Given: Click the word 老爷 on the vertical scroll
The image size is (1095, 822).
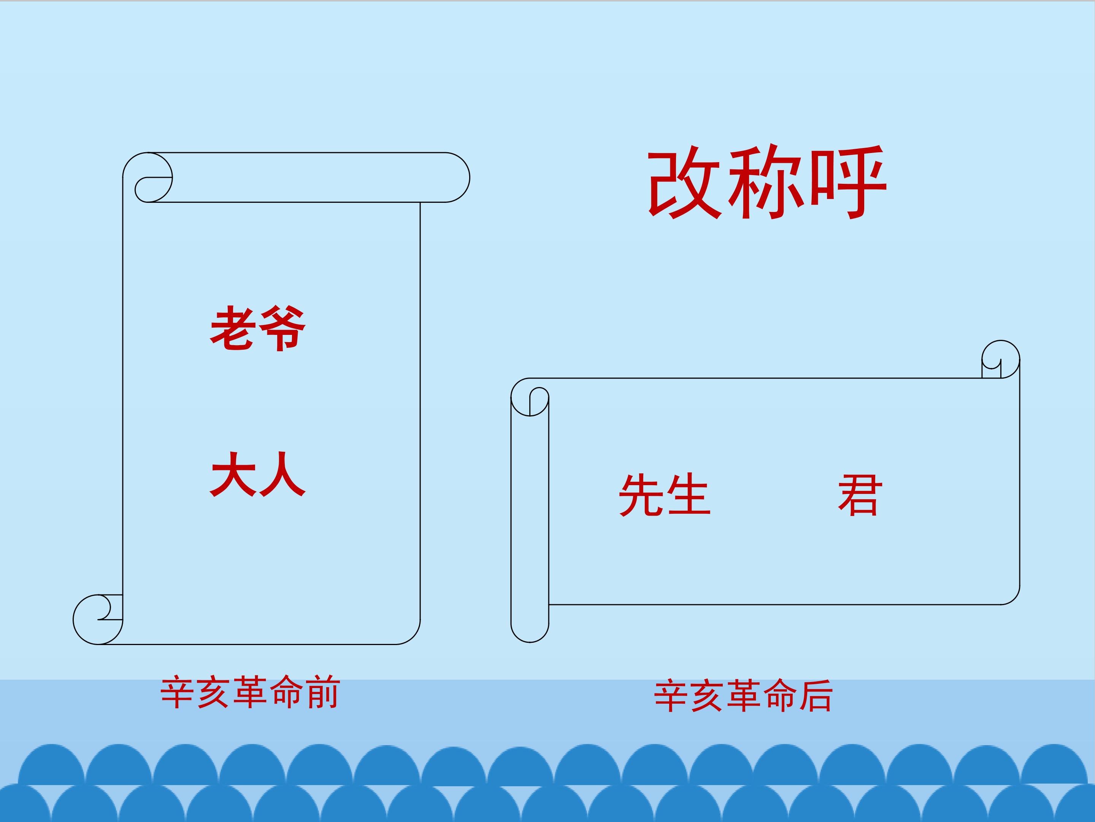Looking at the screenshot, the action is point(258,328).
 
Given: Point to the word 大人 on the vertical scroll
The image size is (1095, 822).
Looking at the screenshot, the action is point(258,474).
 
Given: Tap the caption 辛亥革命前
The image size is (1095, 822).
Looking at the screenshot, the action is point(250,692).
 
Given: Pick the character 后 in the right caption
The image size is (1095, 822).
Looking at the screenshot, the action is point(816,696).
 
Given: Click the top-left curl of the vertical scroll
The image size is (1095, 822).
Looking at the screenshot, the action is point(148,177).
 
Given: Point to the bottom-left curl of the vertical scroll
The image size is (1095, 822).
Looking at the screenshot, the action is point(98,619).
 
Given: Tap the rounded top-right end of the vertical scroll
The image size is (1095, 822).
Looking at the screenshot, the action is point(458,177).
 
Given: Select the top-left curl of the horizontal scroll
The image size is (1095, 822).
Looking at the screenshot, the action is point(530,397).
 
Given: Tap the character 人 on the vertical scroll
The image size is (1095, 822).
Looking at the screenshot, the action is point(282,474).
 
